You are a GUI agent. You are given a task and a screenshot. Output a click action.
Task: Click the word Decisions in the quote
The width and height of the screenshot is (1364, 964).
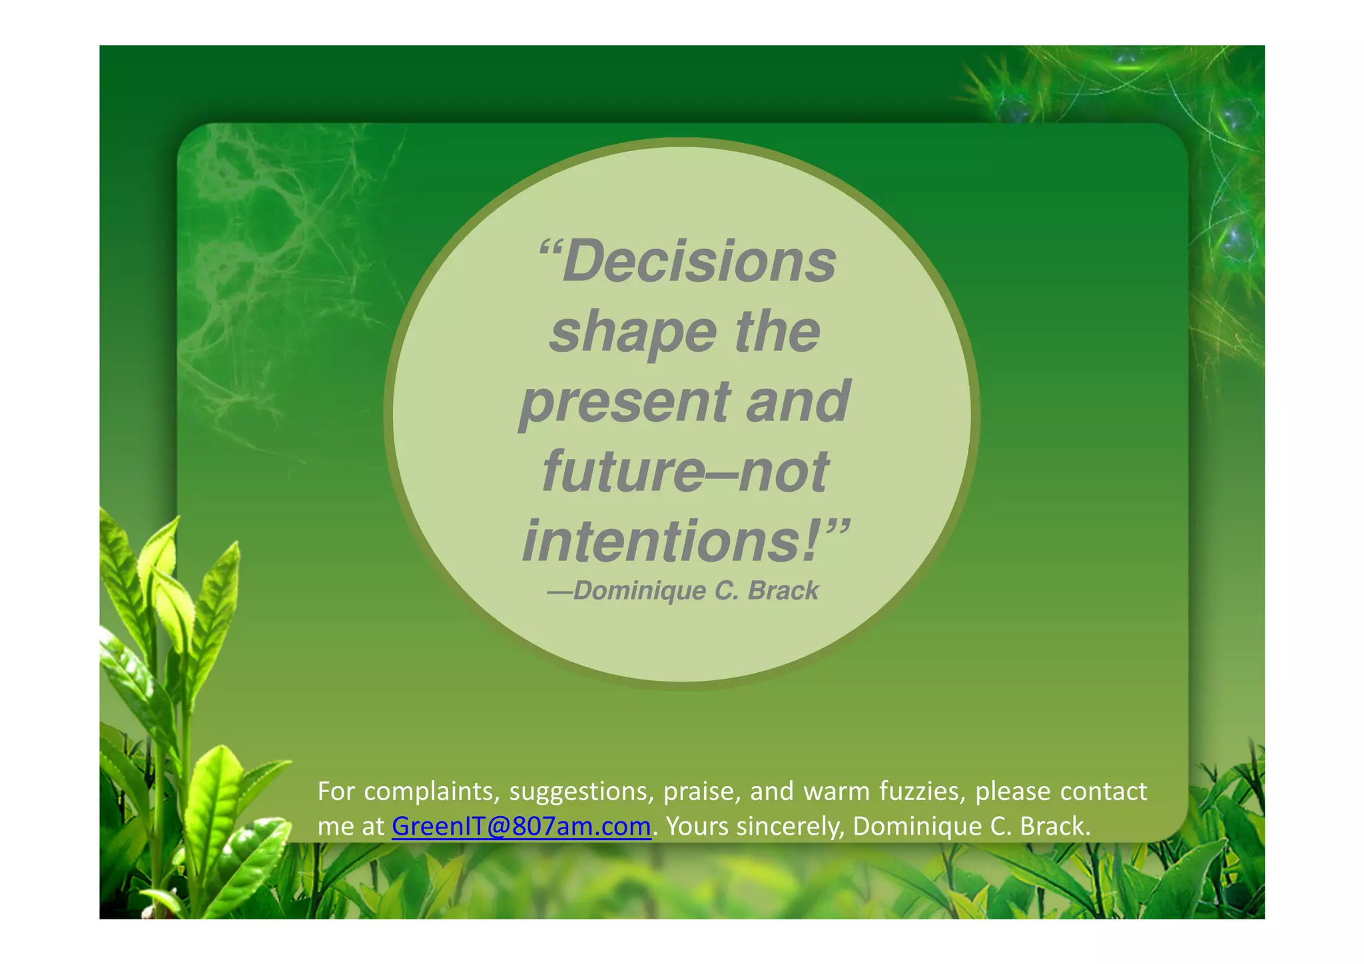click(699, 262)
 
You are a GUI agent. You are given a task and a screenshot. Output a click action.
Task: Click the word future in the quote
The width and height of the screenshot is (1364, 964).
click(623, 472)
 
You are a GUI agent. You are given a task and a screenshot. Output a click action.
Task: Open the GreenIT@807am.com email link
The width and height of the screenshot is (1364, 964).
click(521, 826)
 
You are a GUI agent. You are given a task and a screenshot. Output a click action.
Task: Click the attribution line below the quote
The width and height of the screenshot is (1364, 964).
click(683, 591)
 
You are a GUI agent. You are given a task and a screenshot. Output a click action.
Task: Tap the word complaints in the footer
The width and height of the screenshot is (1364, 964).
click(432, 791)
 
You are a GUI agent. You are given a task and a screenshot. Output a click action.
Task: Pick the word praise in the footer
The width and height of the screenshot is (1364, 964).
click(702, 791)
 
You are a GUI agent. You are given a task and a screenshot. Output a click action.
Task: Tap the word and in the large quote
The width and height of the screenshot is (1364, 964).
click(798, 402)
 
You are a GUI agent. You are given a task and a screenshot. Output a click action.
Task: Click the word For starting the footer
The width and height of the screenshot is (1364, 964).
click(336, 791)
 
